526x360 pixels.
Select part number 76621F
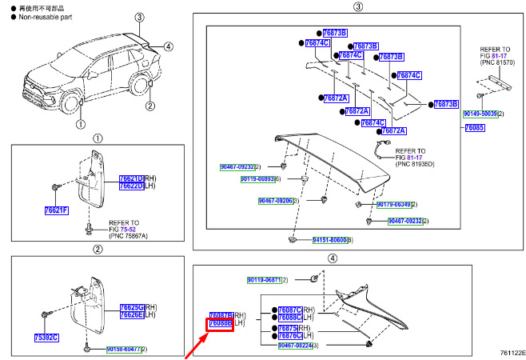pos(56,211)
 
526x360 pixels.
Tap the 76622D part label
pos(131,186)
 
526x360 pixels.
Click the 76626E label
pos(132,315)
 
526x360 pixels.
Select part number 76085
pos(474,127)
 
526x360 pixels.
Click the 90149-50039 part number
pos(480,114)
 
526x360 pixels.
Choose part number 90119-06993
pos(259,179)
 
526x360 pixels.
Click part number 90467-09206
pos(274,201)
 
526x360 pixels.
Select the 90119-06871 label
pos(264,280)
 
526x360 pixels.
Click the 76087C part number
pos(289,310)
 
